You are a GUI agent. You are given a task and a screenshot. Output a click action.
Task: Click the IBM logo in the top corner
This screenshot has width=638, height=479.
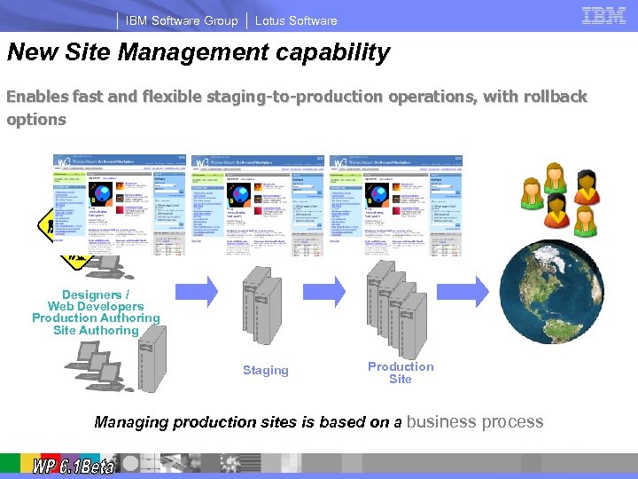[603, 15]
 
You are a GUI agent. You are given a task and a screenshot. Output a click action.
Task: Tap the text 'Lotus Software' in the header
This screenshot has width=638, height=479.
[296, 20]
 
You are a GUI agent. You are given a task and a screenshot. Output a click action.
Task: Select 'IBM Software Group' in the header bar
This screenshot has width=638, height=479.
[182, 20]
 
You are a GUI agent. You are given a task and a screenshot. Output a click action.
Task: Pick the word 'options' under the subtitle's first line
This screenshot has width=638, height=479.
[36, 119]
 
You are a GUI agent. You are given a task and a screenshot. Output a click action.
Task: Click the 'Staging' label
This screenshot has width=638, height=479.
[266, 370]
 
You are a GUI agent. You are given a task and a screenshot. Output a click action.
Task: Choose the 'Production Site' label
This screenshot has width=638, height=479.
[401, 373]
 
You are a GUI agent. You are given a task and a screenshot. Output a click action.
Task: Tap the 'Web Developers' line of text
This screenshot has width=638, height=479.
[96, 306]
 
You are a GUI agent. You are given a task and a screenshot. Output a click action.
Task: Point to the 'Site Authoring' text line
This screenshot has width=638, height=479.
[96, 330]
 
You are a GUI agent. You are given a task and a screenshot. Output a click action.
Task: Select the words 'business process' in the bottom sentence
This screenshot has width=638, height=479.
[475, 422]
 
